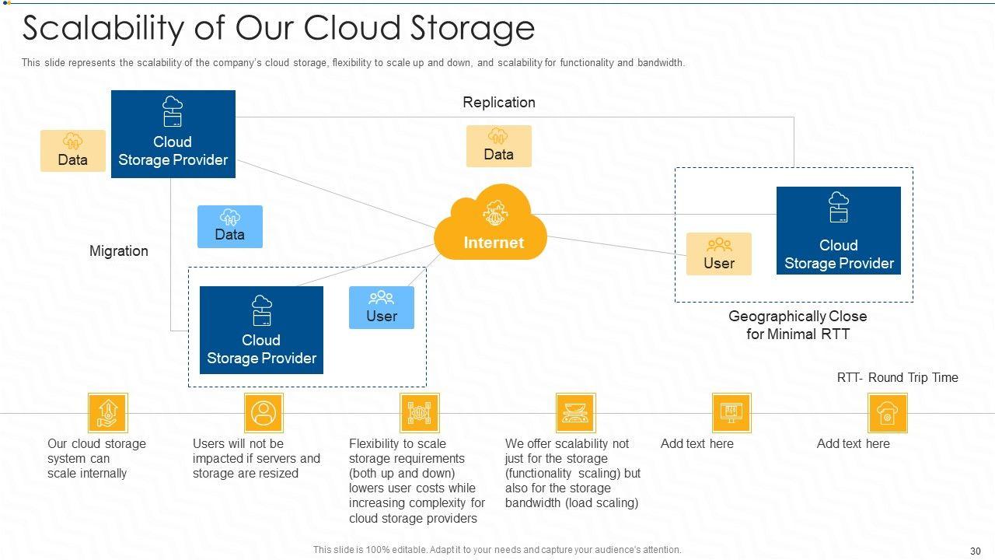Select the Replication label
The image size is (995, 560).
tap(499, 103)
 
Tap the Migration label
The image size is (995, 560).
tap(119, 251)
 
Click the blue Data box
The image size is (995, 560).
tap(230, 226)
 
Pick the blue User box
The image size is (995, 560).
tap(382, 307)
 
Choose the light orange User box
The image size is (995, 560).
tap(719, 254)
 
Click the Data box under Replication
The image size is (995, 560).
tap(499, 146)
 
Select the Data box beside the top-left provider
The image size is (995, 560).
tap(73, 151)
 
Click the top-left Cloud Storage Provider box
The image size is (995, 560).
tap(173, 134)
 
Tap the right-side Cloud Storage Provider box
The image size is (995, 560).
tap(839, 230)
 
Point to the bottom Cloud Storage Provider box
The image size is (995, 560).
tap(261, 330)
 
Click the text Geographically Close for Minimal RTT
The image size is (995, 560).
tap(798, 325)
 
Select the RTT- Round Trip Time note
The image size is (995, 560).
tap(897, 378)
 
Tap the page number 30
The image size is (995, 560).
tap(976, 551)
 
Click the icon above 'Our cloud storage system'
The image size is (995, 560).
tap(107, 412)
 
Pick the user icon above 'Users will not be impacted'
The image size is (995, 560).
tap(264, 412)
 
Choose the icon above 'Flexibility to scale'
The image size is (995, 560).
tap(420, 412)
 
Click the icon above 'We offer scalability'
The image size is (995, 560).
tap(575, 412)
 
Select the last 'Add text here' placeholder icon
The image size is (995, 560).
tap(888, 412)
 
